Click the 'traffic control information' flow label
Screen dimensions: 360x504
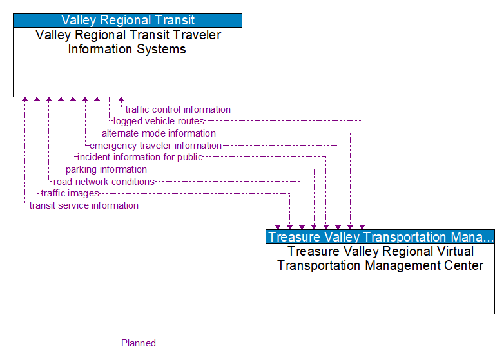178,109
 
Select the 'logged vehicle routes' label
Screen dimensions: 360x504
159,121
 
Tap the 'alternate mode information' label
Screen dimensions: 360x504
159,133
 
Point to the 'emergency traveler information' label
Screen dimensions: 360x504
155,146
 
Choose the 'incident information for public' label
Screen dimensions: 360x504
140,157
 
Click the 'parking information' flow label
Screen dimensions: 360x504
106,169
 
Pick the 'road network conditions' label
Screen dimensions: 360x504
104,182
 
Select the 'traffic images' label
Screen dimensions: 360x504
70,193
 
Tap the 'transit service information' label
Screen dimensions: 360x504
84,205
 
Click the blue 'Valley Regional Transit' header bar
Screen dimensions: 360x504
128,20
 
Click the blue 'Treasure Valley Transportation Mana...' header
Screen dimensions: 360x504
380,237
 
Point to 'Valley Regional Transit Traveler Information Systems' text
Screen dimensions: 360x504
128,42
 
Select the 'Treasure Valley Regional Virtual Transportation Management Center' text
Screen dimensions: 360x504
380,258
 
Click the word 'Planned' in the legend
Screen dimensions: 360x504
139,343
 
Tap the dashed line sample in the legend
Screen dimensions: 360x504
61,343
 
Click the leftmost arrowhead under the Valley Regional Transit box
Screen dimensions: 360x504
24,100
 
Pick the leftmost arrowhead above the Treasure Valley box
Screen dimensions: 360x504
278,227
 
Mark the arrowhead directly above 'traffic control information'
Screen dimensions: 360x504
121,100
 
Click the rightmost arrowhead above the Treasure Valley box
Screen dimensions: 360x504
362,227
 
